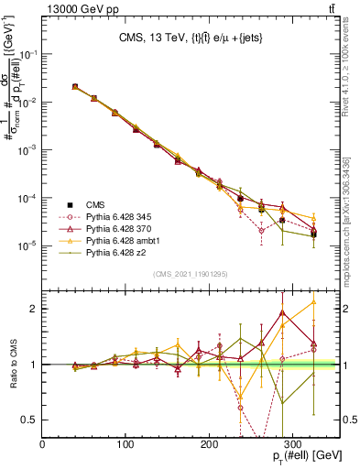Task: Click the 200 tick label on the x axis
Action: pos(210,444)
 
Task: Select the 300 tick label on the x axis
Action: pos(293,444)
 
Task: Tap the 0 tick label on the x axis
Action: pos(43,444)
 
